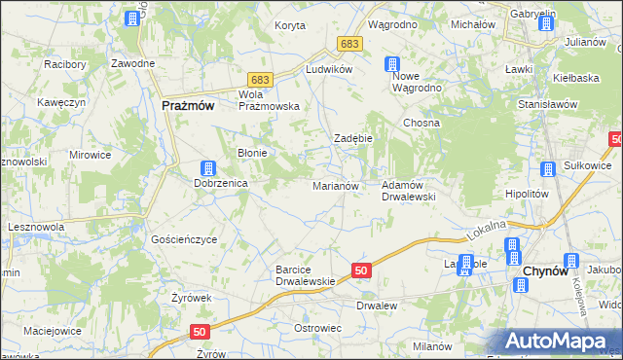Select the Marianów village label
click(336, 185)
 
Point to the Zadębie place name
click(353, 139)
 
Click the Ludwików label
click(328, 71)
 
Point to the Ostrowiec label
click(317, 328)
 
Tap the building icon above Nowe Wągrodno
click(391, 65)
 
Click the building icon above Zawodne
click(133, 18)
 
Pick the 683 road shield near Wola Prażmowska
click(259, 78)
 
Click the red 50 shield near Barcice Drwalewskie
click(361, 270)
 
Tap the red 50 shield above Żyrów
click(200, 332)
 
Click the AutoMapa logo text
click(561, 342)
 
